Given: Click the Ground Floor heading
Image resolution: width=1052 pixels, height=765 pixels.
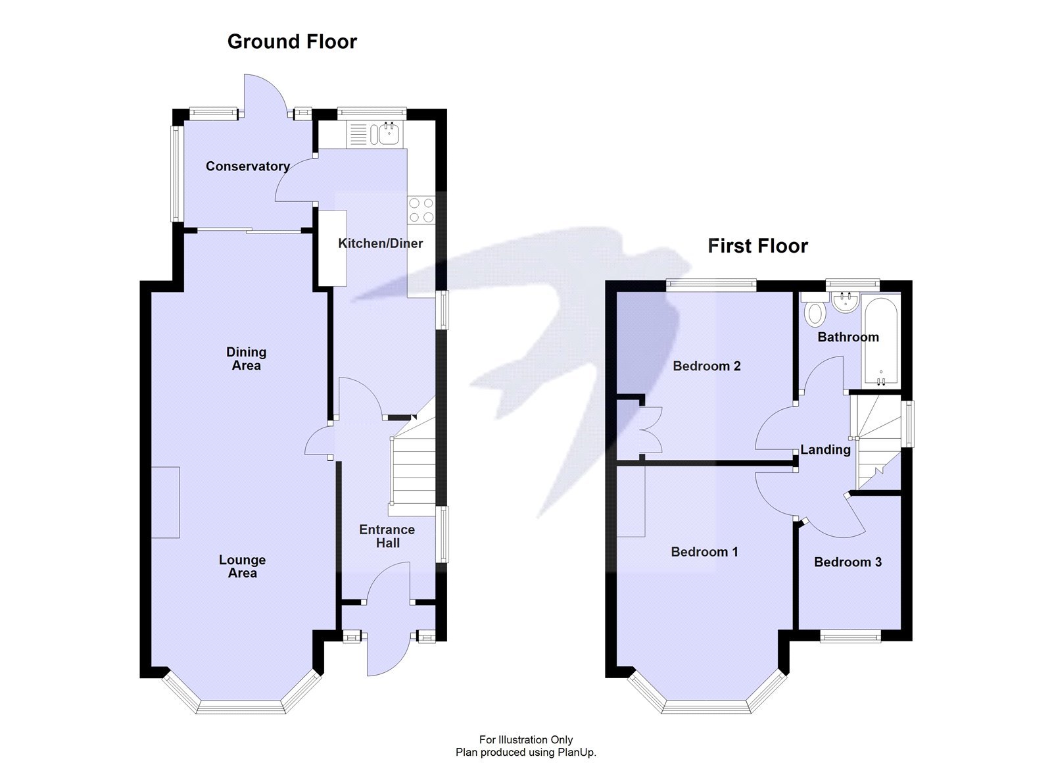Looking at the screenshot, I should click(292, 41).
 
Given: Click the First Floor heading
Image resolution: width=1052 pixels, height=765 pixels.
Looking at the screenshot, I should click(757, 246).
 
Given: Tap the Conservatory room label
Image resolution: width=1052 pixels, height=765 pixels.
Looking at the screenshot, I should click(247, 166).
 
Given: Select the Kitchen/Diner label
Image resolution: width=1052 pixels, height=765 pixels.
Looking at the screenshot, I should click(380, 243).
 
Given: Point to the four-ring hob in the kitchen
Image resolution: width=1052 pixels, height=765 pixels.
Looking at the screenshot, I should click(421, 210).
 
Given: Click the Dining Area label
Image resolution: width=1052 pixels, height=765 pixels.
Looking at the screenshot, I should click(247, 358).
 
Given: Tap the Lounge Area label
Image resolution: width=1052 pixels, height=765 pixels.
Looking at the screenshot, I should click(242, 566).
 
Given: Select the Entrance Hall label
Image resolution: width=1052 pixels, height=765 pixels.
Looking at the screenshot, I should click(387, 536).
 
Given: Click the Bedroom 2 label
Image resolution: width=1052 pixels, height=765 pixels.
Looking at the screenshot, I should click(707, 366).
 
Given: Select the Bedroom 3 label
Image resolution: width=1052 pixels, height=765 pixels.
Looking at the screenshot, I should click(848, 562).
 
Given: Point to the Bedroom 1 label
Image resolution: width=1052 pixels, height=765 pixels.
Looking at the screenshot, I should click(704, 552).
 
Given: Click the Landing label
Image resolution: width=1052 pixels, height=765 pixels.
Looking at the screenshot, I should click(825, 449).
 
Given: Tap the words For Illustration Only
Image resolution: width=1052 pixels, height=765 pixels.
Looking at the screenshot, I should click(525, 740).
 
